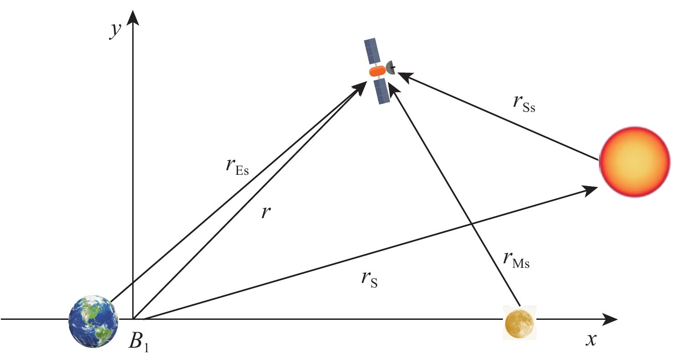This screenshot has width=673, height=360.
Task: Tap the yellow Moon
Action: click(x=519, y=323)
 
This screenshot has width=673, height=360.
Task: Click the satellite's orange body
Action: click(x=377, y=72)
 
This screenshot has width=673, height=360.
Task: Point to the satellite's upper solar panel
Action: click(x=373, y=51)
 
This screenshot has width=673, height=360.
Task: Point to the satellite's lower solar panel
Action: click(x=382, y=91)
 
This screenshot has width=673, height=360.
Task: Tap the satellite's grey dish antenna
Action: click(x=390, y=68)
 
